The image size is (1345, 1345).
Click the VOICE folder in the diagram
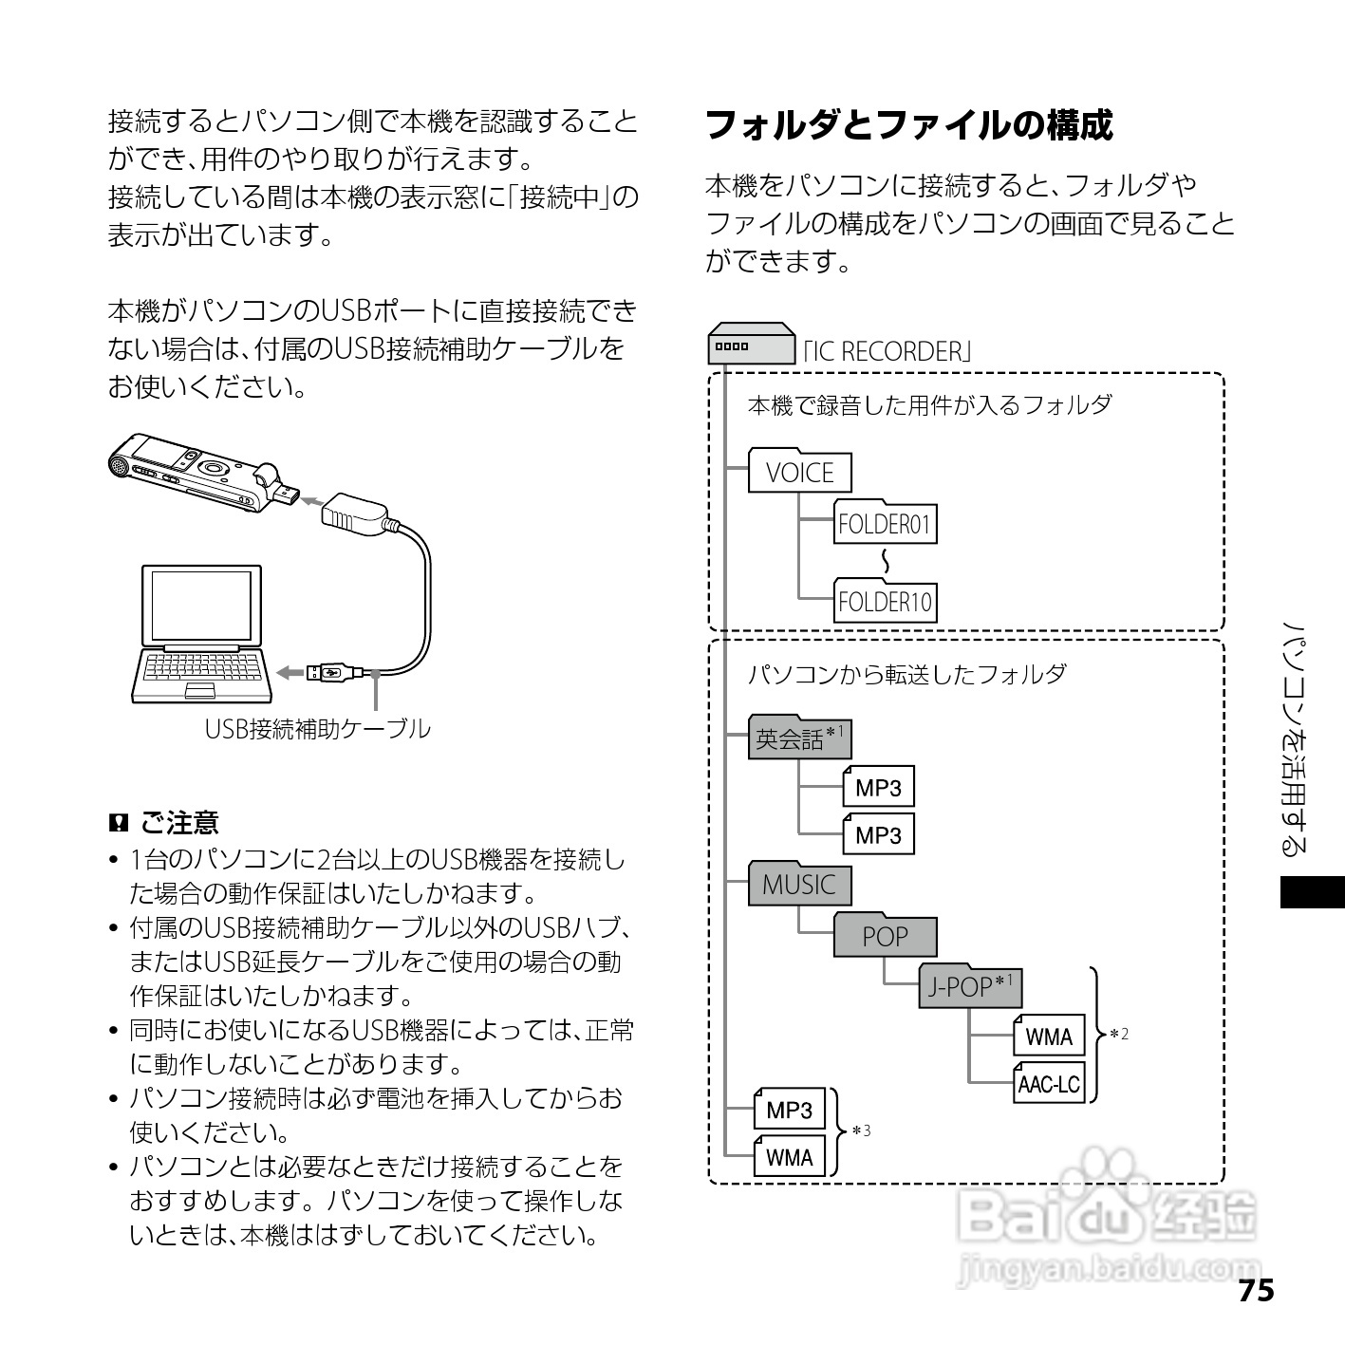[x=799, y=472]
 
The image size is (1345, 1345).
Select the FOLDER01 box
[x=885, y=523]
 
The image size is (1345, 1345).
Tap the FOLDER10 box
[x=885, y=602]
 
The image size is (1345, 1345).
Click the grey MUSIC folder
[x=799, y=885]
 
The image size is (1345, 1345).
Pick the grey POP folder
[x=885, y=936]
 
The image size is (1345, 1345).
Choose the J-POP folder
[x=970, y=987]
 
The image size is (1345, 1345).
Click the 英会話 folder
[x=799, y=738]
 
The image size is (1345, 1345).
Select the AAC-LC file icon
[x=1049, y=1084]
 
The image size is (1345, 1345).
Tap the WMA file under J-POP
[x=1049, y=1037]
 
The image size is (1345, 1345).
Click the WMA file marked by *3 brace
[x=790, y=1157]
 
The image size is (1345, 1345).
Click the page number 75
[x=1255, y=1292]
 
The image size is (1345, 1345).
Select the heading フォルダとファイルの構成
[x=908, y=125]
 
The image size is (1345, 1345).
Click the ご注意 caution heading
[x=178, y=822]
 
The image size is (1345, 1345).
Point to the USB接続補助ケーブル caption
[x=317, y=729]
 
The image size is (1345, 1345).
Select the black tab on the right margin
[x=1312, y=893]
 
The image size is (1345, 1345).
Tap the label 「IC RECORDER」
[x=887, y=352]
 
